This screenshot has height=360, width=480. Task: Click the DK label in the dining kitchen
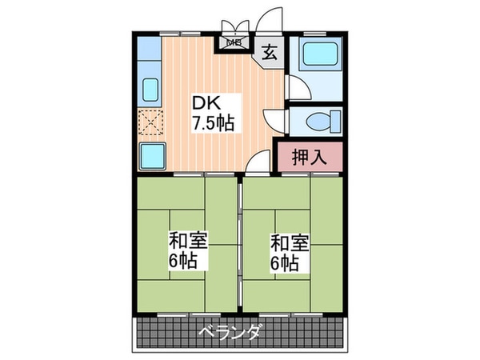click(x=204, y=103)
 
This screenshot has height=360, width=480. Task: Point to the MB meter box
click(x=235, y=43)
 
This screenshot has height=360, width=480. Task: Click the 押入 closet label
click(x=308, y=157)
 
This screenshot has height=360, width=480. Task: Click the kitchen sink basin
click(x=151, y=89)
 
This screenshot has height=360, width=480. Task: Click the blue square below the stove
click(x=152, y=155)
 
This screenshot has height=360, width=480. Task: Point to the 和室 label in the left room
click(x=183, y=240)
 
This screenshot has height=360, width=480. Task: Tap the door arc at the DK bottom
click(x=256, y=163)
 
